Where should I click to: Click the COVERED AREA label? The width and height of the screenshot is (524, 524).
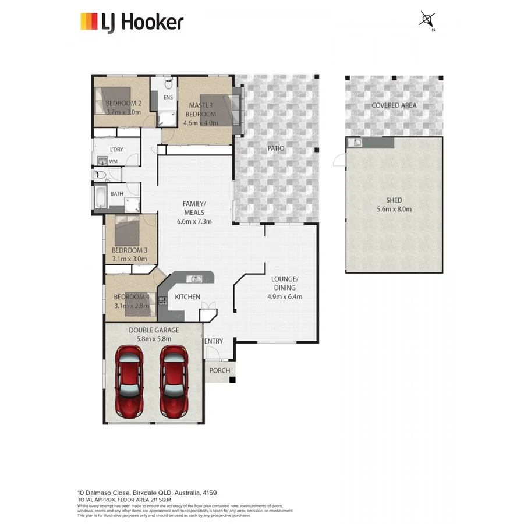[394, 105]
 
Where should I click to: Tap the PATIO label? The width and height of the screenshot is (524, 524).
[276, 148]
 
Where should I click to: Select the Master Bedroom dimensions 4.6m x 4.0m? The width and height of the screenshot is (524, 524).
[200, 123]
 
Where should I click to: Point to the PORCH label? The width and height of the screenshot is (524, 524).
[219, 370]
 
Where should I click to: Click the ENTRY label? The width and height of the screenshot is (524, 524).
[213, 341]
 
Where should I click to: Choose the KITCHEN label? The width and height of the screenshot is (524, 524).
[187, 297]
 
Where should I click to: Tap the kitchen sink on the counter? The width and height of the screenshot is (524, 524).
[196, 279]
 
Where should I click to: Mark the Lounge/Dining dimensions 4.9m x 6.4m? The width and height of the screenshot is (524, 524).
[284, 296]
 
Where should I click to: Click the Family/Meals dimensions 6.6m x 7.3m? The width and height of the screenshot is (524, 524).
[194, 221]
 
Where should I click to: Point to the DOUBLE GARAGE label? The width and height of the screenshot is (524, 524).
[154, 330]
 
